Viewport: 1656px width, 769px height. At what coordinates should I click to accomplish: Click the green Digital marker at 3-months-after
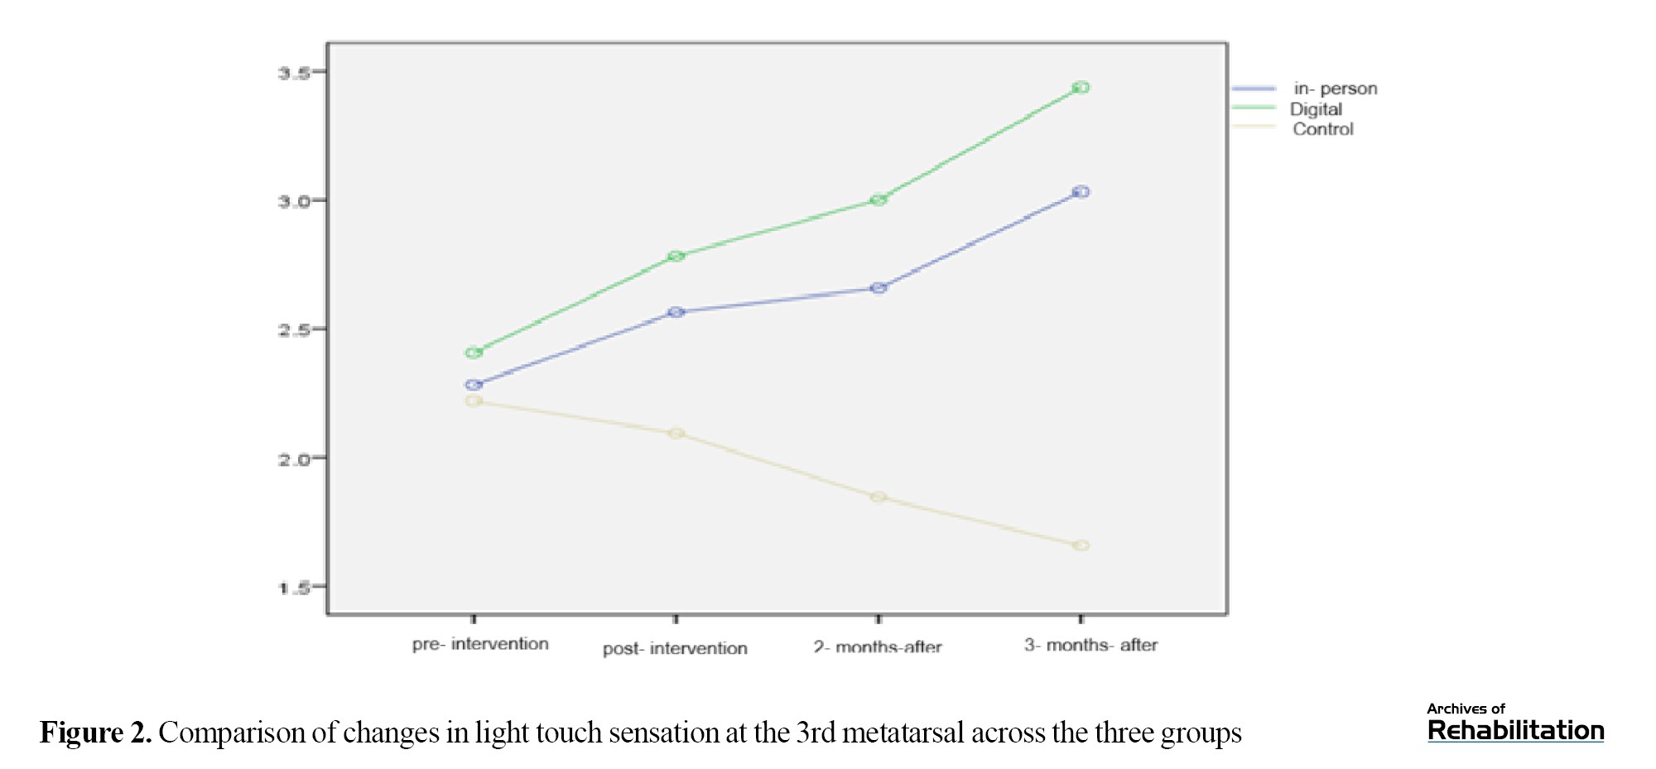tap(1081, 88)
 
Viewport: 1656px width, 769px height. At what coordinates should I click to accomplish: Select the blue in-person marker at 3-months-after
tap(1081, 192)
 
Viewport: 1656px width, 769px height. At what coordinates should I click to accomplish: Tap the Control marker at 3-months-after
tap(1081, 546)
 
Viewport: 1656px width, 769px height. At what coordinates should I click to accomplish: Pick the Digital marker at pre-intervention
tap(474, 353)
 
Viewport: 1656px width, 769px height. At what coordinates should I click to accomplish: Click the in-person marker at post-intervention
tap(676, 312)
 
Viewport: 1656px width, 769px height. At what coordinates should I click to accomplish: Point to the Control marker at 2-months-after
tap(879, 497)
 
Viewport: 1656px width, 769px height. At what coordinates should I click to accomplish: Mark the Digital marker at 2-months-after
tap(879, 199)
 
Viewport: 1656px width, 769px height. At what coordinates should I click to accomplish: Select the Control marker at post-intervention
tap(676, 434)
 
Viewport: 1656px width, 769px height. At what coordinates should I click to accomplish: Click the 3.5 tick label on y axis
tap(294, 73)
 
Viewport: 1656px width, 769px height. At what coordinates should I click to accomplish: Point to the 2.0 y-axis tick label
tap(294, 459)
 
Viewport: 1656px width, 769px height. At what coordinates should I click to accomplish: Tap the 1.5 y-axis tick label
tap(294, 589)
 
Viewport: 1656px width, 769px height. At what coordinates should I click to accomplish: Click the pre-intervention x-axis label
tap(480, 644)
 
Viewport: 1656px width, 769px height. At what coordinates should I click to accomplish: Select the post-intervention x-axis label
tap(675, 648)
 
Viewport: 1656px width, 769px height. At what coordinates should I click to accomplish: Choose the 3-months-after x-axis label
tap(1090, 645)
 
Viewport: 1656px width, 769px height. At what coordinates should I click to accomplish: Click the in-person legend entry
tap(1335, 89)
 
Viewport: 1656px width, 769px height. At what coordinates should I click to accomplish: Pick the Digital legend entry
tap(1316, 109)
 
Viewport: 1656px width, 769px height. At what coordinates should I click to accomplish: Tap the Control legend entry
tap(1322, 129)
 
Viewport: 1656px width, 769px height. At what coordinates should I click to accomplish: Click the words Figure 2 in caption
tap(95, 733)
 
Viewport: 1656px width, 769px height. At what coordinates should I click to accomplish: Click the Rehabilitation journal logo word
tap(1515, 730)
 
